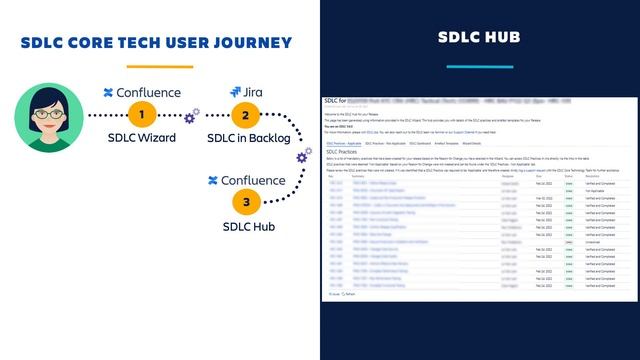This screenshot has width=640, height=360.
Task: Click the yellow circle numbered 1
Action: [x=145, y=115]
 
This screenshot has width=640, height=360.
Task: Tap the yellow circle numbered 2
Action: [x=245, y=115]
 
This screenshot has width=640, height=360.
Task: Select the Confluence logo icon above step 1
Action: [x=109, y=93]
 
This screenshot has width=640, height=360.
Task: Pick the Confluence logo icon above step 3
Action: [x=212, y=180]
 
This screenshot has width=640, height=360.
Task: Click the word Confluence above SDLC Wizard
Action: [x=149, y=93]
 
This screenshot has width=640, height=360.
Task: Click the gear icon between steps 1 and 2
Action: [x=191, y=119]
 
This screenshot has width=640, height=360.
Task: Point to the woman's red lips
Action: [x=47, y=121]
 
